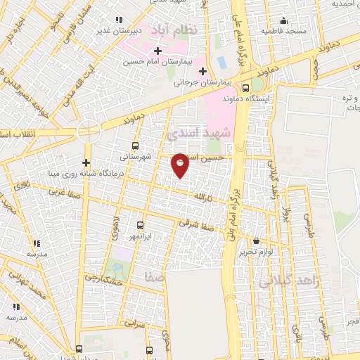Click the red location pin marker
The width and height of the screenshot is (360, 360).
[181, 165]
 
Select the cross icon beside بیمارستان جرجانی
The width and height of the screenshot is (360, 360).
[202, 71]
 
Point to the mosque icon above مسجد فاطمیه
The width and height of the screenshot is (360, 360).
[283, 21]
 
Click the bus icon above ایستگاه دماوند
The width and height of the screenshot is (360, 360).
[245, 89]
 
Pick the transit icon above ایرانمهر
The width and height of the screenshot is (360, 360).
[140, 226]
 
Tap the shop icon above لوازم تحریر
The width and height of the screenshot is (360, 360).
[257, 241]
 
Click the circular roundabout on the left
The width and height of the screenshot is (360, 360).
[89, 130]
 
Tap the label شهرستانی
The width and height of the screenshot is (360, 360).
[136, 157]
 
